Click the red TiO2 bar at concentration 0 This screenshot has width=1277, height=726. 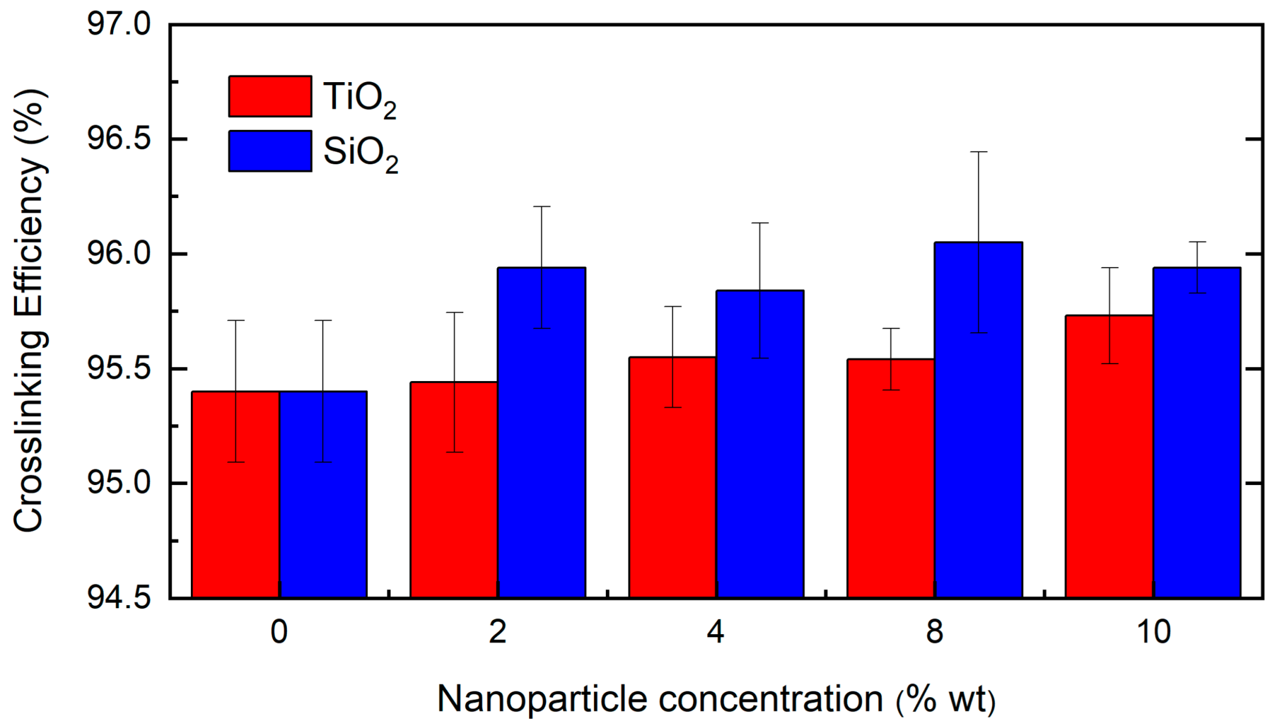pos(236,495)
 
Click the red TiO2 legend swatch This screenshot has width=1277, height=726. pos(270,97)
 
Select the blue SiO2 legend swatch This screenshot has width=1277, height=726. pos(270,151)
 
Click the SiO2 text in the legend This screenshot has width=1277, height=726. pos(361,153)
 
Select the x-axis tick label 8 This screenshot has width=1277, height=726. pos(934,632)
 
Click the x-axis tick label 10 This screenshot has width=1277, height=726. pos(1153,632)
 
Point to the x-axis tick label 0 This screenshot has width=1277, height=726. pos(279,632)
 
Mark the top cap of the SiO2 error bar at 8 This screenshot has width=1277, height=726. pos(978,152)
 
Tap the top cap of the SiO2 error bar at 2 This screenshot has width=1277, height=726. pos(542,207)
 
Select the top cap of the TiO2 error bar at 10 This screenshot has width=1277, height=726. pos(1109,268)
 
